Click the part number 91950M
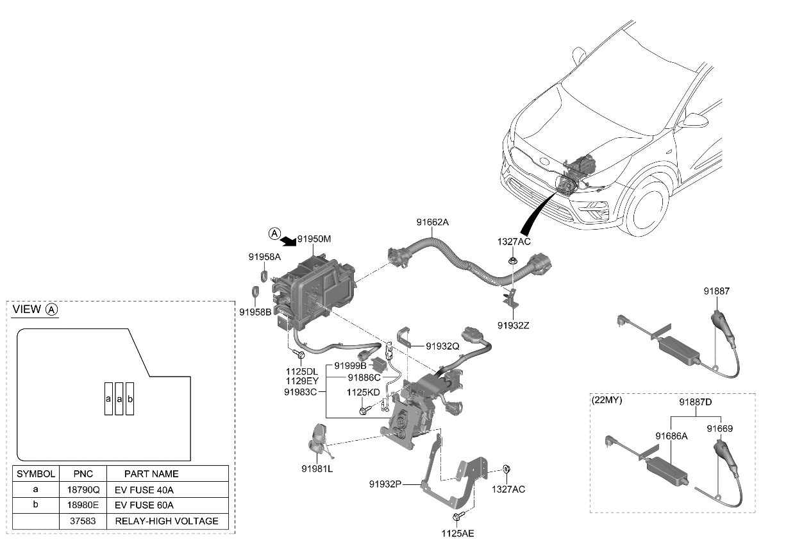pyautogui.click(x=314, y=239)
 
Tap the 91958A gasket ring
pyautogui.click(x=265, y=276)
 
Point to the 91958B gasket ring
pyautogui.click(x=255, y=294)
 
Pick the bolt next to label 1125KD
pyautogui.click(x=365, y=411)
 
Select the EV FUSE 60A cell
pyautogui.click(x=144, y=505)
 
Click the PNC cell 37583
pyautogui.click(x=83, y=521)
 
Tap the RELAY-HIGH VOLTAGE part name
pyautogui.click(x=166, y=521)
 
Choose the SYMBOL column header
pyautogui.click(x=36, y=473)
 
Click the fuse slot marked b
pyautogui.click(x=130, y=399)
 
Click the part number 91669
pyautogui.click(x=720, y=428)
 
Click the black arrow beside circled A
pyautogui.click(x=288, y=239)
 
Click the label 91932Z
pyautogui.click(x=513, y=325)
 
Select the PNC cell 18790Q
pyautogui.click(x=83, y=489)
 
